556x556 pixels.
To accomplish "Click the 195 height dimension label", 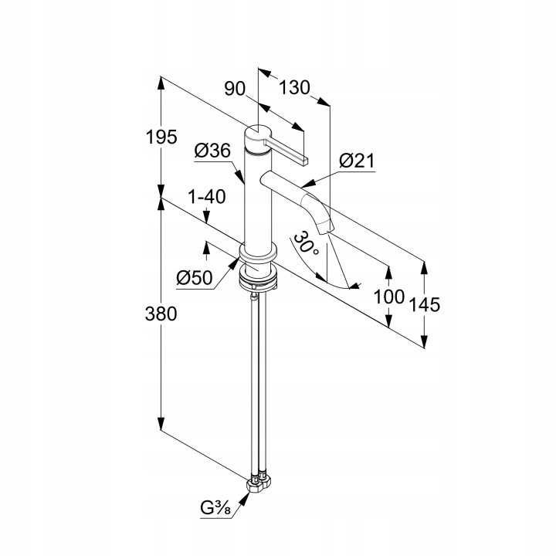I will tap(162, 137).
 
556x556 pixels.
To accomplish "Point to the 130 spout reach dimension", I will tap(294, 88).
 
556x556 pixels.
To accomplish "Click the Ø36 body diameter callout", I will tap(212, 151).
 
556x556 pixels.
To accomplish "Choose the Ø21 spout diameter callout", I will tap(357, 161).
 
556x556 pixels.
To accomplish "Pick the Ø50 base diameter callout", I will tap(193, 277).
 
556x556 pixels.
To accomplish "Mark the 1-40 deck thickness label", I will tap(205, 197).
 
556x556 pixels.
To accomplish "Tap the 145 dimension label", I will tap(425, 304).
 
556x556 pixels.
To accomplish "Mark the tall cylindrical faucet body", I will tap(257, 201).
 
